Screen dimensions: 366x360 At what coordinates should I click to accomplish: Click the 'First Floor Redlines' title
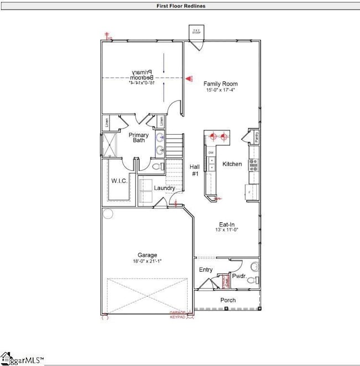click(x=179, y=6)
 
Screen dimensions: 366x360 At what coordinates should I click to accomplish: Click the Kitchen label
click(x=232, y=164)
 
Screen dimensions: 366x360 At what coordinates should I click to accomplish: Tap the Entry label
click(x=206, y=270)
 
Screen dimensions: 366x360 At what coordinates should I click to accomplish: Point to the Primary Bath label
click(x=137, y=138)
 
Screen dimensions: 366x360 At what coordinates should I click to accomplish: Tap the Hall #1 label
click(x=194, y=169)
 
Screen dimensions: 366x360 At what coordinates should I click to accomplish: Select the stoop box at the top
click(x=196, y=32)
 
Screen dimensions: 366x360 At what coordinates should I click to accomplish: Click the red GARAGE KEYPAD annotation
click(x=179, y=315)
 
